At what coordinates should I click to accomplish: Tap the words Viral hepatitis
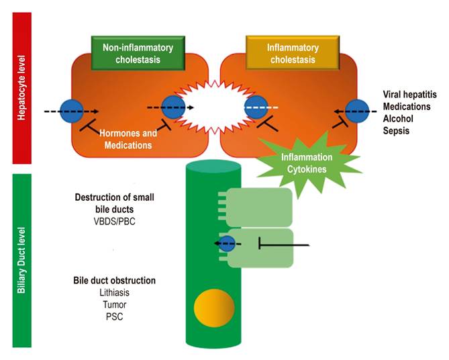pos(410,95)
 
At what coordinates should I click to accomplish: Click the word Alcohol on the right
pos(398,120)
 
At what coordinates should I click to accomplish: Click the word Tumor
pos(113,304)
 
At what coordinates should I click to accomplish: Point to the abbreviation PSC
pos(113,316)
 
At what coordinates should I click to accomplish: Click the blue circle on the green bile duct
pos(228,244)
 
